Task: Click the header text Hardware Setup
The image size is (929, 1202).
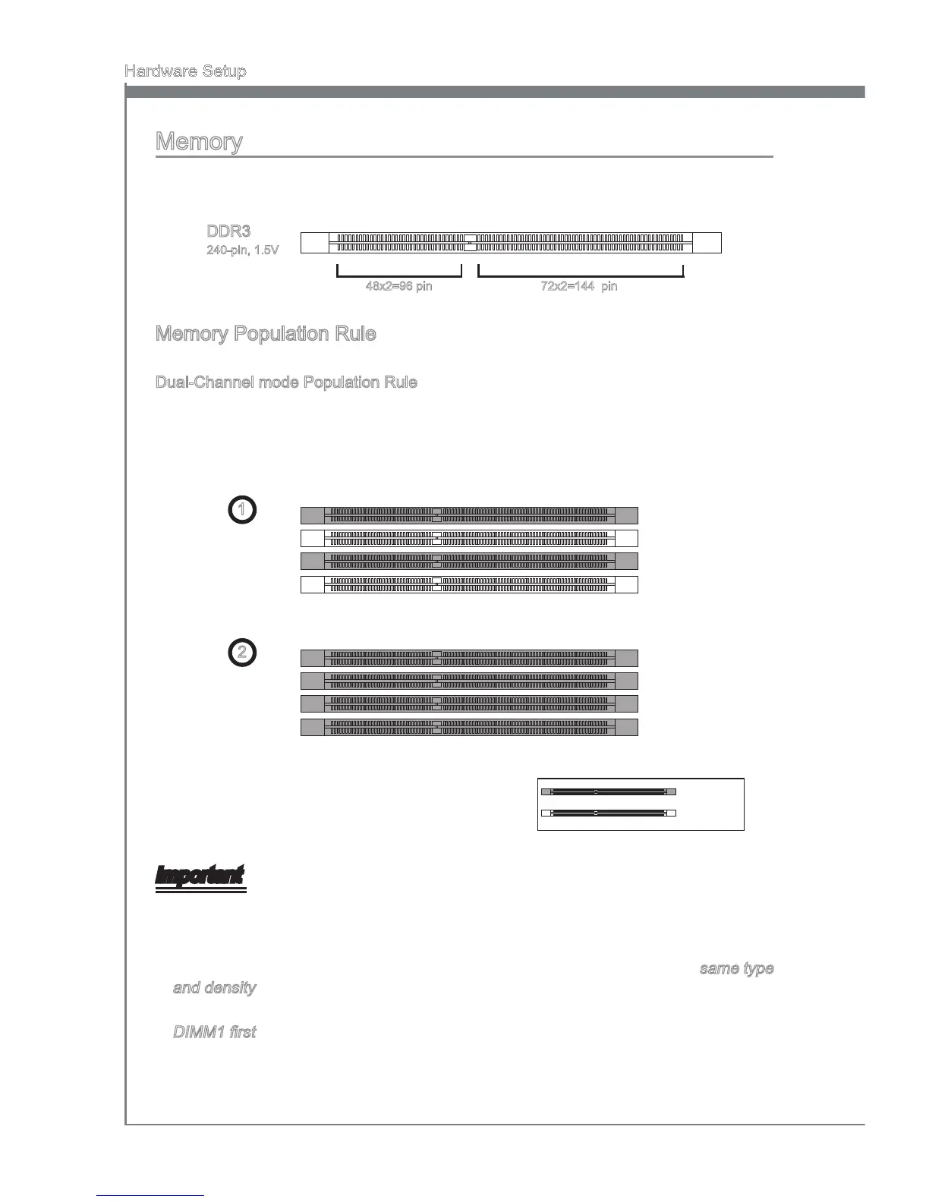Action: pos(185,71)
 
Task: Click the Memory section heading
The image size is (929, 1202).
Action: pos(199,142)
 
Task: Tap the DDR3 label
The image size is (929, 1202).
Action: pos(228,231)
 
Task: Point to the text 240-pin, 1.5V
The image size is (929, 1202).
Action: pos(243,250)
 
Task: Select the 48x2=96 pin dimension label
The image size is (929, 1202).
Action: pos(399,287)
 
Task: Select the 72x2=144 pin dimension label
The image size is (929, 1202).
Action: pos(574,287)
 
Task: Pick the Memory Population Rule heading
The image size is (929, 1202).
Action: pos(266,334)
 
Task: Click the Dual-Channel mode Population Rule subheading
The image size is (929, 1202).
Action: pos(286,382)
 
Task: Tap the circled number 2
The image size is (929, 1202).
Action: pos(241,653)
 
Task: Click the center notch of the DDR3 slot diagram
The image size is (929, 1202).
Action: pos(470,242)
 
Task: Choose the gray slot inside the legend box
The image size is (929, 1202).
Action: pos(608,792)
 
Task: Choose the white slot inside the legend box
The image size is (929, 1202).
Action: pos(608,813)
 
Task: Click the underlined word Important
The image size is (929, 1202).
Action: pos(200,876)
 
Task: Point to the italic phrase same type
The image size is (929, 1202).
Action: pos(736,969)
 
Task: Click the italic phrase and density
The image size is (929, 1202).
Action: pos(214,988)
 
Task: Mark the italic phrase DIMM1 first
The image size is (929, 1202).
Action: pos(214,1032)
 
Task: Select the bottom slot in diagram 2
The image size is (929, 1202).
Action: pos(469,727)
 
